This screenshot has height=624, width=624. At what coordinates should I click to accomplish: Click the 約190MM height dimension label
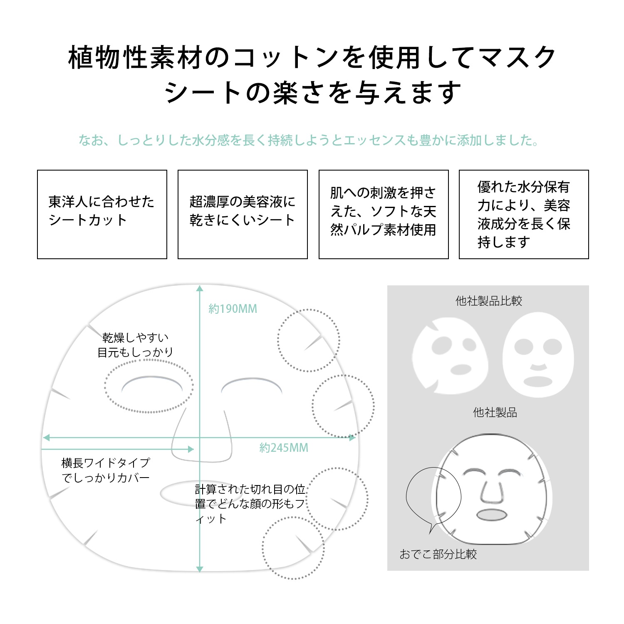[x=233, y=309]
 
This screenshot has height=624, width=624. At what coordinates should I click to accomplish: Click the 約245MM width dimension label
[x=284, y=448]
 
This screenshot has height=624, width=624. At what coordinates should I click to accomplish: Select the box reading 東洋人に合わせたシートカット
[x=102, y=214]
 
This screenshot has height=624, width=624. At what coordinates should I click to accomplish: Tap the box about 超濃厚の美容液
[x=243, y=214]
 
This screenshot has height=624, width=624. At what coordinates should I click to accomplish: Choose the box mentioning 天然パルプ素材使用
[x=384, y=214]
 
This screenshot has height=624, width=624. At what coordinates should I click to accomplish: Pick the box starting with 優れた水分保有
[x=524, y=214]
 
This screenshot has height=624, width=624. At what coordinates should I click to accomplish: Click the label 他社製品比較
[x=489, y=301]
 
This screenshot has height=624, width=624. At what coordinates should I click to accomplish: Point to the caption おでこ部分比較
[x=438, y=554]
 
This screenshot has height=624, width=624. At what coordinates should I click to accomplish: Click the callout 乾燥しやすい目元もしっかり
[x=135, y=345]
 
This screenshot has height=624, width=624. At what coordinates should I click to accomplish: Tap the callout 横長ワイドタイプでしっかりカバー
[x=106, y=470]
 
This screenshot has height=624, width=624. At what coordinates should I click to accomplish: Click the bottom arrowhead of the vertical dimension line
[x=200, y=569]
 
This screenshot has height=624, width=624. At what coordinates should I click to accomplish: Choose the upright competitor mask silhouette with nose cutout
[x=538, y=355]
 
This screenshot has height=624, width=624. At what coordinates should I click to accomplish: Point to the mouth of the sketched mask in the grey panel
[x=492, y=515]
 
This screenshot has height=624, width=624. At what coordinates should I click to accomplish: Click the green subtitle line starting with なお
[x=309, y=140]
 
